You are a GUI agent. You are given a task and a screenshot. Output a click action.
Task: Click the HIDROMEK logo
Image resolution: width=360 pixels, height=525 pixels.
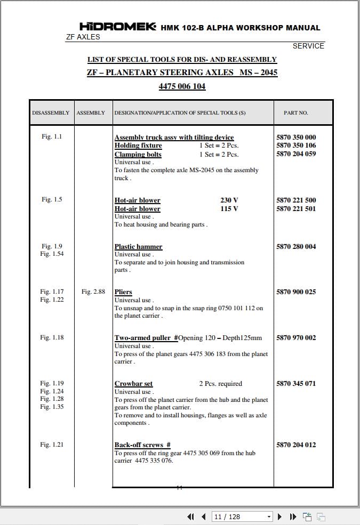[118, 27]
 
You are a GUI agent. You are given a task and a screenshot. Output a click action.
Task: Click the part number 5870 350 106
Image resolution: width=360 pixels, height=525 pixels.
[296, 146]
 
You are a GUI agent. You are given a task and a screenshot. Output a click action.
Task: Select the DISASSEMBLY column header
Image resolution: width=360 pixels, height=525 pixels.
[51, 113]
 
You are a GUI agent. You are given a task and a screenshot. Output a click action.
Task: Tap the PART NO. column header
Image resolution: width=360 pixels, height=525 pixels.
[296, 113]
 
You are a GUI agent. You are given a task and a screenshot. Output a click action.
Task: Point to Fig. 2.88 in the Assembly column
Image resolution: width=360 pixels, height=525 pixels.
[93, 292]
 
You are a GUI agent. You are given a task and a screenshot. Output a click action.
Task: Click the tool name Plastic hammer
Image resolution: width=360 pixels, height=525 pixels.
[138, 247]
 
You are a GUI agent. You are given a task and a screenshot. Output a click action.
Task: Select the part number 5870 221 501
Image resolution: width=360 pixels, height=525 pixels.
[296, 209]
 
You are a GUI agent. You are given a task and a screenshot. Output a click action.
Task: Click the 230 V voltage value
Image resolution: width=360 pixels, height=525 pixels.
[229, 200]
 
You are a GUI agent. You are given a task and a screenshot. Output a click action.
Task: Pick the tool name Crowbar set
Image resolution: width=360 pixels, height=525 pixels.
[133, 384]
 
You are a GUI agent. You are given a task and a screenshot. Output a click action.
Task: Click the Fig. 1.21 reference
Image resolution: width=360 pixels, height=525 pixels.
[52, 445]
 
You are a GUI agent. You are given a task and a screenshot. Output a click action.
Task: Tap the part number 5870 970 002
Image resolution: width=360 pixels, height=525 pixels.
[296, 338]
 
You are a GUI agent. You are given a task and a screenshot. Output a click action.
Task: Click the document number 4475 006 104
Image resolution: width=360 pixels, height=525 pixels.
[182, 86]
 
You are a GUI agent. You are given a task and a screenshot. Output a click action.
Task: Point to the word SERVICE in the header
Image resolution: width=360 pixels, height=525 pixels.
[308, 46]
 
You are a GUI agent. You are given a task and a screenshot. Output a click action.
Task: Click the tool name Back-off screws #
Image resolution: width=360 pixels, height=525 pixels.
[142, 445]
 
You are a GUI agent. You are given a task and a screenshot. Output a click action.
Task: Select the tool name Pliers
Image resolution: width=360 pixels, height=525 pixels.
[123, 292]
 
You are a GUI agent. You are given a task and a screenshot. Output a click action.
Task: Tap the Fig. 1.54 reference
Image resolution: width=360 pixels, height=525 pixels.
[52, 254]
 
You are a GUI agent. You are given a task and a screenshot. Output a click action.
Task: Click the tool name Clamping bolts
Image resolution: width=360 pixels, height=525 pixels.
[138, 155]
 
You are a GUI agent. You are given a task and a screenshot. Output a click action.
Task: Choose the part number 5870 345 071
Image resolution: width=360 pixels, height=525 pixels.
[296, 384]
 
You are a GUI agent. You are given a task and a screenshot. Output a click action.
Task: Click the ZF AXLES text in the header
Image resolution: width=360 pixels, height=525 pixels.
[83, 37]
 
